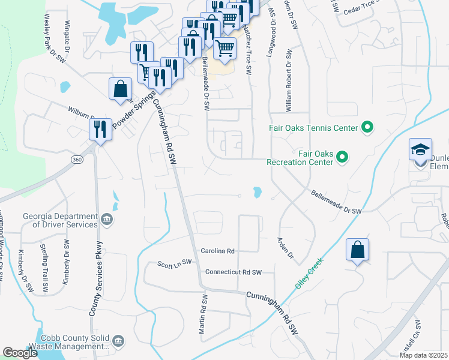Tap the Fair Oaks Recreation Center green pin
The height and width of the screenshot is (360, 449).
pos(342,157)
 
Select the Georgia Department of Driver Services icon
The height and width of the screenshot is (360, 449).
pos(107,220)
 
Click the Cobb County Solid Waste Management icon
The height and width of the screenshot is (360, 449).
pos(118,342)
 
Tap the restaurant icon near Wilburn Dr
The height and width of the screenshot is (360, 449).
pos(100,130)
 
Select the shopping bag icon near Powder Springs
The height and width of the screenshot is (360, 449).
pos(121,89)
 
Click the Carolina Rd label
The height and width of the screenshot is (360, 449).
pos(217,251)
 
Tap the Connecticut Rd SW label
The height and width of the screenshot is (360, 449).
pos(234,272)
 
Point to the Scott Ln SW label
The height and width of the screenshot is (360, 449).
pos(174,263)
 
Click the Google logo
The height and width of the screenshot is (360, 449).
pos(20,353)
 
